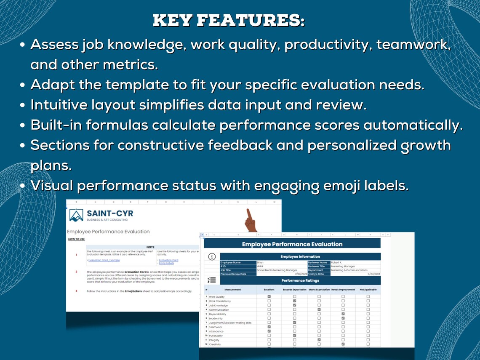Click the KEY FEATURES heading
229,20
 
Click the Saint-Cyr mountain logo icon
76,215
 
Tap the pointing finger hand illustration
251,220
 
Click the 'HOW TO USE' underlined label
76,239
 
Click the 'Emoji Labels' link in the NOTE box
166,263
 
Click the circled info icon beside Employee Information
212,257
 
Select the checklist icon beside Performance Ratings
212,280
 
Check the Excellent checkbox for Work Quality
269,297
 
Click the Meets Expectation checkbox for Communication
319,309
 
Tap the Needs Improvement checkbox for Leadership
343,318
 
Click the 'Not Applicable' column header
368,290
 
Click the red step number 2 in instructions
76,272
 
